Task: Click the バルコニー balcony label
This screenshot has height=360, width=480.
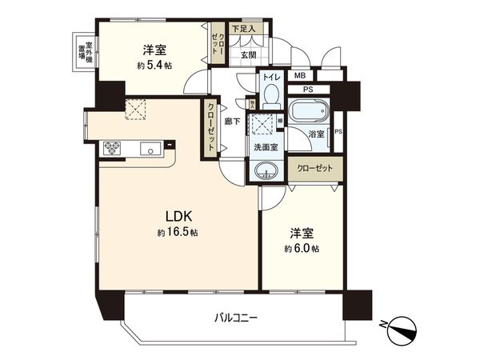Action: [234, 318]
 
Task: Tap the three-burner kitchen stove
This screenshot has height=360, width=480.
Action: [110, 149]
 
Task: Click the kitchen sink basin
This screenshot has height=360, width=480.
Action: [150, 149]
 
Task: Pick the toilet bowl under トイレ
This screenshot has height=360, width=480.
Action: [269, 97]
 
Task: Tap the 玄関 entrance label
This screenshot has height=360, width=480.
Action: [249, 54]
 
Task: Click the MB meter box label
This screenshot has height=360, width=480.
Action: [300, 76]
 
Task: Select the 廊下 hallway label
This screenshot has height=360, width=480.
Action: [232, 122]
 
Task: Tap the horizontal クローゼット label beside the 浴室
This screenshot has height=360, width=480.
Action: [313, 169]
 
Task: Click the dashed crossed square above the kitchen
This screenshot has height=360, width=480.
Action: [135, 109]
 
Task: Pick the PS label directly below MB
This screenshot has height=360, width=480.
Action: [307, 90]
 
